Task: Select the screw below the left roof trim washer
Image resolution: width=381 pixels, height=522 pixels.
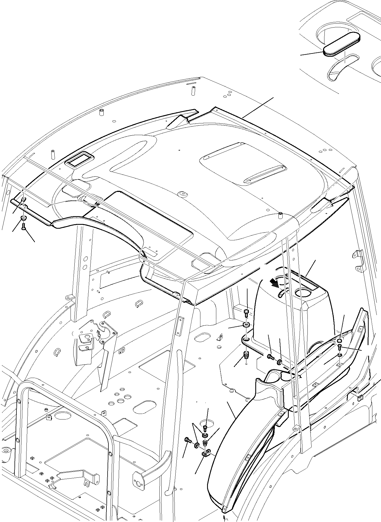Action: coord(23,228)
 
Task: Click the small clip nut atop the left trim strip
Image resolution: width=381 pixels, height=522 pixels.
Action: coord(24,199)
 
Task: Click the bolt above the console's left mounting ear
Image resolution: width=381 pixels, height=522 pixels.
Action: coord(246,312)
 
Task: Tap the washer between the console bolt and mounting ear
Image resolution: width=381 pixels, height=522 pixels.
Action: coord(246,325)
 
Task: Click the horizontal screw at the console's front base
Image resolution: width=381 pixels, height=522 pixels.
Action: coord(270,356)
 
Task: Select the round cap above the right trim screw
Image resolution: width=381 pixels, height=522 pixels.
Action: coord(339,341)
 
